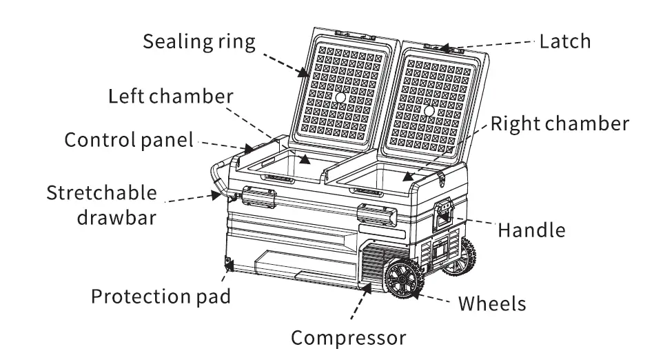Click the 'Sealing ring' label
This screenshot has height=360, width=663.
(x=198, y=41)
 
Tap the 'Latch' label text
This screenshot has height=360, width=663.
(x=564, y=41)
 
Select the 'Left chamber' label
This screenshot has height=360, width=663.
(x=170, y=95)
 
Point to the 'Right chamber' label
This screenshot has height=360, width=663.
(x=559, y=123)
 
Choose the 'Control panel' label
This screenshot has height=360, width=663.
(x=129, y=140)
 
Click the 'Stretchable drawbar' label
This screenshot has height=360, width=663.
(x=101, y=205)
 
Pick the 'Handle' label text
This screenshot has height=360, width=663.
(x=531, y=229)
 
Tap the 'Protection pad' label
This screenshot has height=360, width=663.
(x=161, y=297)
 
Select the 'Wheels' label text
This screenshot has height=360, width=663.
(x=492, y=303)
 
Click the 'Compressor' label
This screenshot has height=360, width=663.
(x=348, y=339)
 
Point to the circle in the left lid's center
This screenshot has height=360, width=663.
(x=340, y=99)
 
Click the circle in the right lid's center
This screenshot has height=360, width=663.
(x=429, y=110)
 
